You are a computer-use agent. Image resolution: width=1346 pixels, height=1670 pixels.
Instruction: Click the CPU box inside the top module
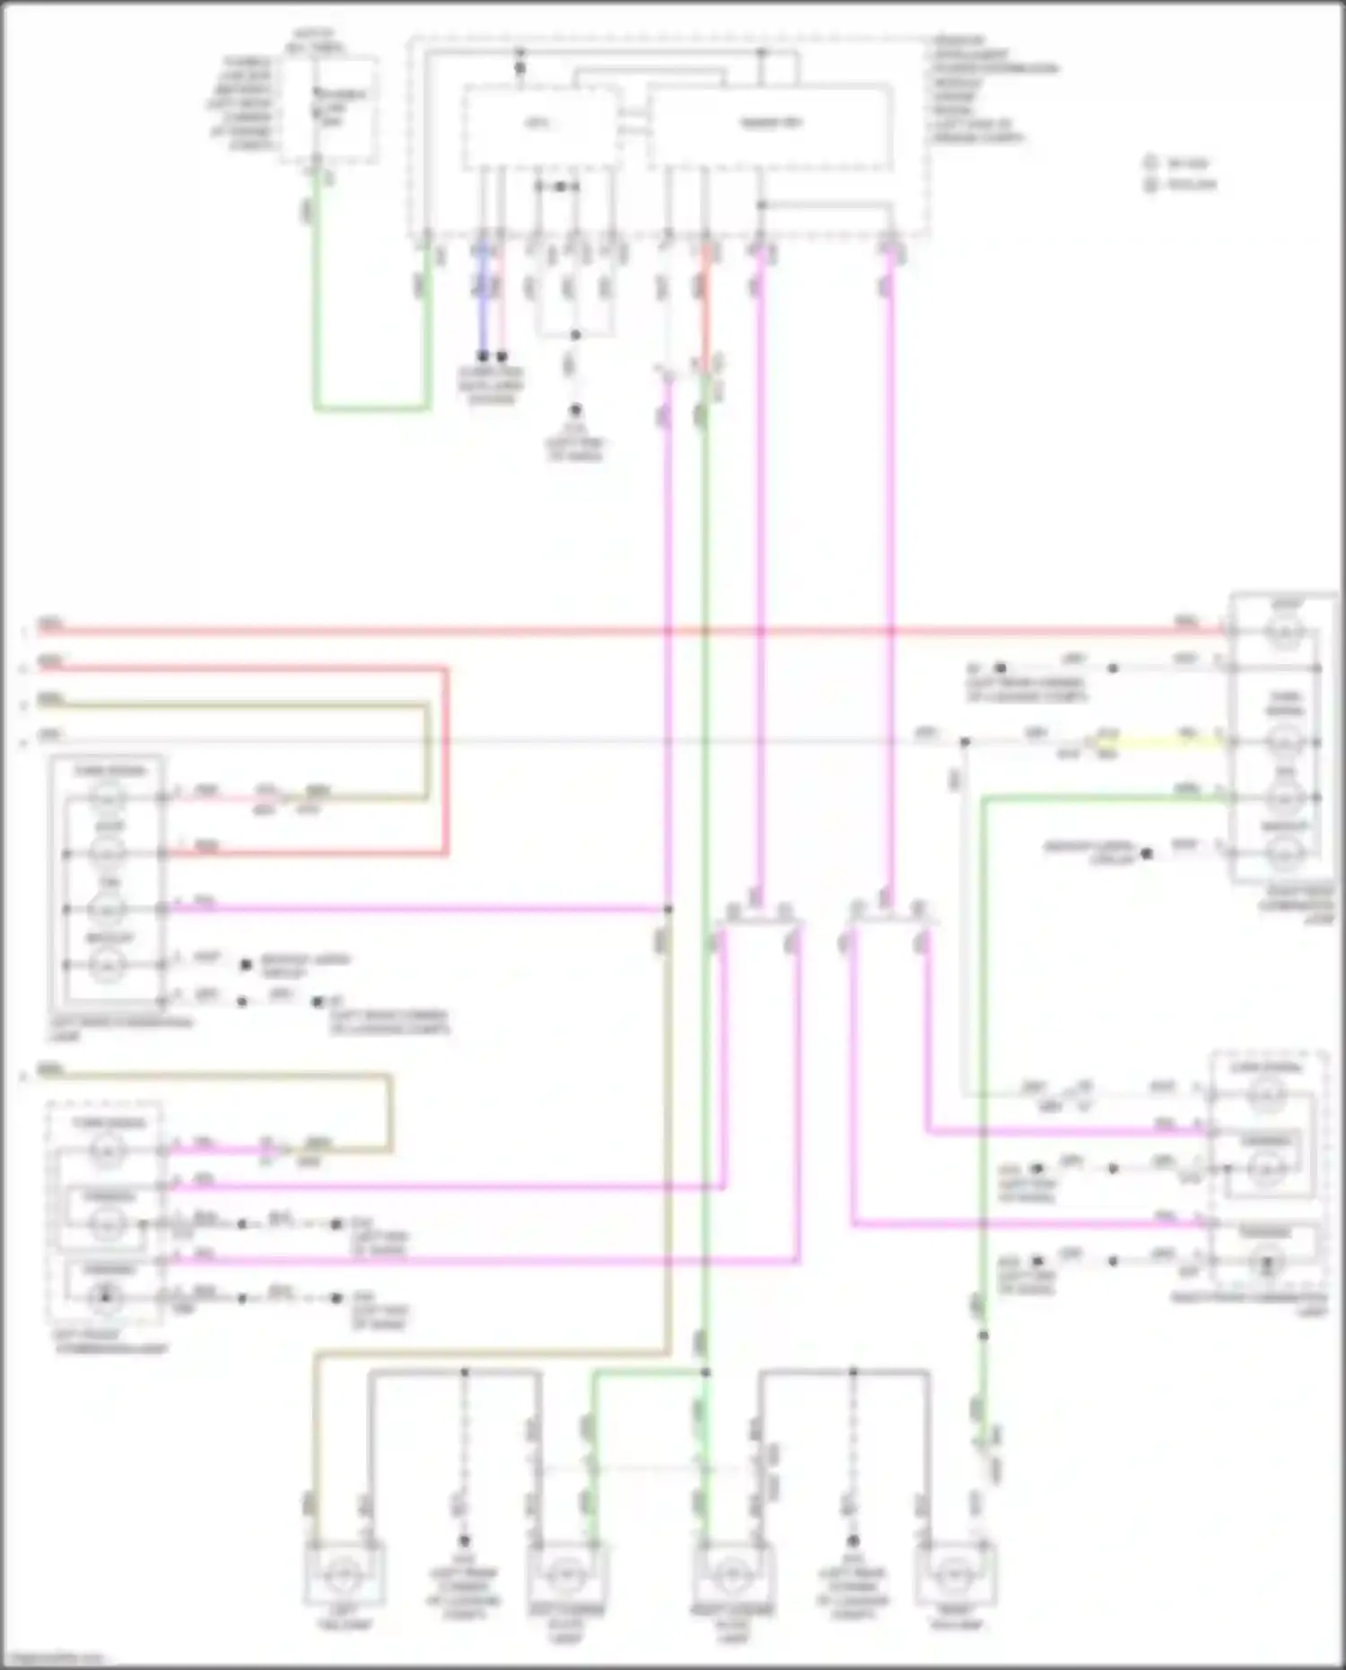tap(539, 127)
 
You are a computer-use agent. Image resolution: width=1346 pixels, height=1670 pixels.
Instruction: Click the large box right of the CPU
tap(770, 127)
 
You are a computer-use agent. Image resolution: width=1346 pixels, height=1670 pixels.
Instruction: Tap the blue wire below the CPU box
tap(483, 296)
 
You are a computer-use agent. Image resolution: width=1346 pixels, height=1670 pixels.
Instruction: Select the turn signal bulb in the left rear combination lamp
tap(108, 797)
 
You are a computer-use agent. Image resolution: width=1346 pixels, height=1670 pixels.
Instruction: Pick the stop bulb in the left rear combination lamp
tap(108, 853)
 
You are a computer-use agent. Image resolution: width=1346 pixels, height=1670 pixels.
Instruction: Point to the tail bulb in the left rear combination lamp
tap(108, 910)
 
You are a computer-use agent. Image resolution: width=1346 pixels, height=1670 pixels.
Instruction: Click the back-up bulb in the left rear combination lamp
tap(108, 966)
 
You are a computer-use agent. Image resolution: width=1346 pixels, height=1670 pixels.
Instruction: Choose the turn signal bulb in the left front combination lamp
tap(108, 1150)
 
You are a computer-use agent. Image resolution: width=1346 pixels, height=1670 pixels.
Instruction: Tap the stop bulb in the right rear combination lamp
tap(1285, 633)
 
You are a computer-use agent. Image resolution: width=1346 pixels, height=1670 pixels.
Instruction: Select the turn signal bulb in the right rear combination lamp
tap(1285, 742)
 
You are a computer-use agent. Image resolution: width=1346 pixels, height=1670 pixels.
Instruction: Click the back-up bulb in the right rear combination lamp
tap(1285, 852)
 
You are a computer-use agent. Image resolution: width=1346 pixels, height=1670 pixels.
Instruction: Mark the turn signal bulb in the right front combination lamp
tap(1266, 1094)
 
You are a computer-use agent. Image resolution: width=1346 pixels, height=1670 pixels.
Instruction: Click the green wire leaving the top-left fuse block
tap(316, 296)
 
